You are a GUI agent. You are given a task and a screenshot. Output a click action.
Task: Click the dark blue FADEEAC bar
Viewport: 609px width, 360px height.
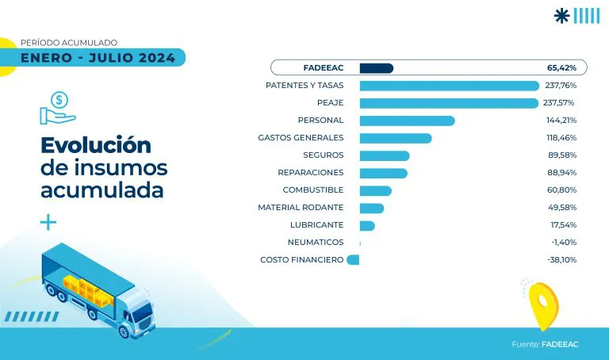click(376, 67)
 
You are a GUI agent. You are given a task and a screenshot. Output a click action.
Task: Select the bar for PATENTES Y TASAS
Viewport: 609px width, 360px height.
click(449, 85)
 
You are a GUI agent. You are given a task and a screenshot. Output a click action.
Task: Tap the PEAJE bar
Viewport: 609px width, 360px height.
click(449, 103)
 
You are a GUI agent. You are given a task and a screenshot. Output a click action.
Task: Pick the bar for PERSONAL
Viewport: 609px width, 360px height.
click(407, 121)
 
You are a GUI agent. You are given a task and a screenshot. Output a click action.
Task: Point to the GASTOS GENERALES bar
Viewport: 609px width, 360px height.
click(395, 138)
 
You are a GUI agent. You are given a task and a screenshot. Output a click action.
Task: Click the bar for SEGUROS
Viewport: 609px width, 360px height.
click(384, 155)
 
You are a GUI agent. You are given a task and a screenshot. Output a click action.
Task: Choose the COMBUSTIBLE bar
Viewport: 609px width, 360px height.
click(375, 190)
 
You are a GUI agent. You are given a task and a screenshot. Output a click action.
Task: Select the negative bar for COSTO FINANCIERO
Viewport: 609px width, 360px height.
click(354, 260)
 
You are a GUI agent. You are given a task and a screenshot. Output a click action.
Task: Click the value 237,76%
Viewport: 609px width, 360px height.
click(561, 85)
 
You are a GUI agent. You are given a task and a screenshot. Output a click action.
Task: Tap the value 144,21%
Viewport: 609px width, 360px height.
click(561, 121)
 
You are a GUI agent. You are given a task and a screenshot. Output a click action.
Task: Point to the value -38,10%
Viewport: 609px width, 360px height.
click(561, 260)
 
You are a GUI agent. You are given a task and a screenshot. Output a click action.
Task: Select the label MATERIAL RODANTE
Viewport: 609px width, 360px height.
click(301, 208)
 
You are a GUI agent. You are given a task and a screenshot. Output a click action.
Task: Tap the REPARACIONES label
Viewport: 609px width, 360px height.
click(310, 173)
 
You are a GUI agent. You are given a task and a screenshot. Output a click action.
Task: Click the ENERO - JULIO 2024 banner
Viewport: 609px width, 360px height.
click(99, 57)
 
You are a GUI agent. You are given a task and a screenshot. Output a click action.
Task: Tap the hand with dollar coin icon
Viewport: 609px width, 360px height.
click(57, 108)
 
